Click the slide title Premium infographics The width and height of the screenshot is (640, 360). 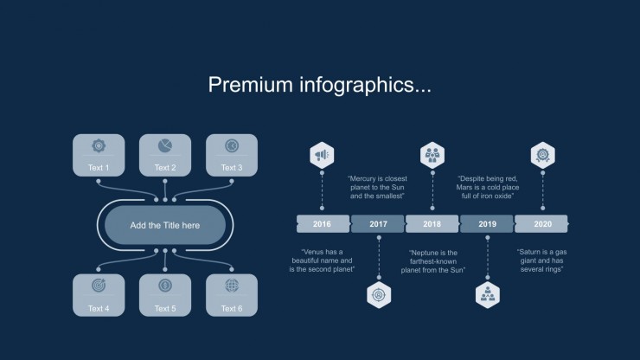320,85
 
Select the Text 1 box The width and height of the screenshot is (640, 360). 99,155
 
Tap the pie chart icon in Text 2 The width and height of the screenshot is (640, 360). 165,146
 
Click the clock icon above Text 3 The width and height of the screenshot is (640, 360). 232,146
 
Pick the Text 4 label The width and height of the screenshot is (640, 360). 99,309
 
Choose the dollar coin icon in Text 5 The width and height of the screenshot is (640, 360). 165,286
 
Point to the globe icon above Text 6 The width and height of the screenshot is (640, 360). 232,286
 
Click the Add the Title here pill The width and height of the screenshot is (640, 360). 165,225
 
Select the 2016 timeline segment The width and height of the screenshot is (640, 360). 323,224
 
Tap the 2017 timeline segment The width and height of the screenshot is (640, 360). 378,224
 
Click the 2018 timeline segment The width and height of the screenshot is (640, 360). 432,224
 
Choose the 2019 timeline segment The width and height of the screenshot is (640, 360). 487,224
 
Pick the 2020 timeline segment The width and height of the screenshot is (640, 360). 541,224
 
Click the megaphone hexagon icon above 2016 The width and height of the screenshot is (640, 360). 322,155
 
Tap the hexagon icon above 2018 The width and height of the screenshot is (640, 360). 432,155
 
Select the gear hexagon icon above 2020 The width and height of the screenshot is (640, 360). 543,155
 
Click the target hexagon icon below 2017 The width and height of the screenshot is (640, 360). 379,295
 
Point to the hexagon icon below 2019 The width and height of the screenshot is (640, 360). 487,295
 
